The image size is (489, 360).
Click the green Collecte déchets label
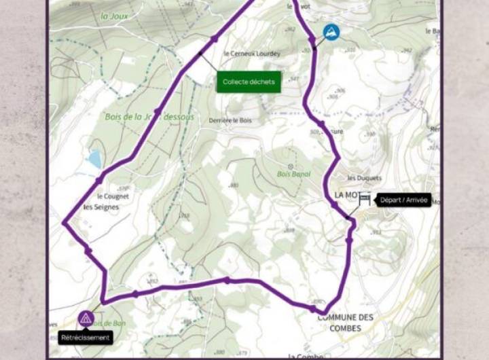[x=249, y=82]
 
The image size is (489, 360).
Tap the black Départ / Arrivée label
[x=403, y=200]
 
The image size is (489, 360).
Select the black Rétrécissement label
[x=86, y=337]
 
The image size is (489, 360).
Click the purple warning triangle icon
[x=86, y=317]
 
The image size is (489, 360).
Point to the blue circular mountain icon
[x=331, y=32]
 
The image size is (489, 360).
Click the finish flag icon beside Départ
[x=365, y=199]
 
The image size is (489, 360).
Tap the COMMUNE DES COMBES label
[x=345, y=323]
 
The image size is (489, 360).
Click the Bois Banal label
[x=293, y=174]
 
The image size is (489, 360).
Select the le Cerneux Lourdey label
[x=251, y=54]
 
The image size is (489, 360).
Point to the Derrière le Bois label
[x=230, y=120]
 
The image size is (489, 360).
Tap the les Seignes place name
[x=101, y=206]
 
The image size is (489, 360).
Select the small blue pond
[x=94, y=159]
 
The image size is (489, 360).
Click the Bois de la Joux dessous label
[x=149, y=117]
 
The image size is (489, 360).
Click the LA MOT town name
[x=346, y=195]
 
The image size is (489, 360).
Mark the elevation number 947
[x=294, y=79]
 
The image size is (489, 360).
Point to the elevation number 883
[x=234, y=185]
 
